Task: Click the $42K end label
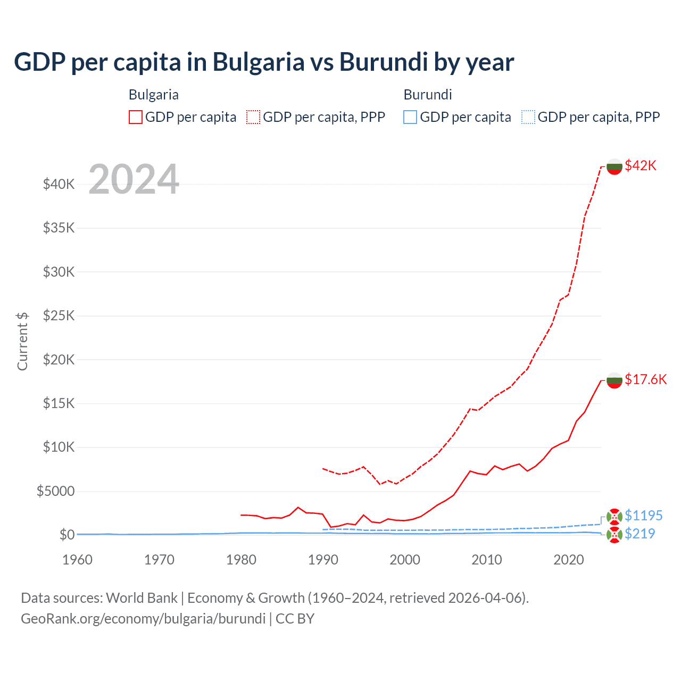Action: [641, 165]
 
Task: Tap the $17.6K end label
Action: [645, 379]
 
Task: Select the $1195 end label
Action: [643, 516]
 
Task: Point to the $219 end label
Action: [640, 534]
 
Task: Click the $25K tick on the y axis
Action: [59, 315]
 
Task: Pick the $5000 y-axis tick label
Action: [55, 491]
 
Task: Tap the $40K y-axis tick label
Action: [59, 184]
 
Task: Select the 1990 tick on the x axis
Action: [323, 560]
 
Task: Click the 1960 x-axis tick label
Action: [77, 560]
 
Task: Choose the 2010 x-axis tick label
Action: [487, 560]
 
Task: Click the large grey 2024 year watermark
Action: [134, 179]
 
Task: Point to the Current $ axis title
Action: [22, 341]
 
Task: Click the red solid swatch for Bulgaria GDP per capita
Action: [136, 117]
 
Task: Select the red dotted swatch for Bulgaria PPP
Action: [253, 117]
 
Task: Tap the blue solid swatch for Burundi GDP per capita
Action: [410, 117]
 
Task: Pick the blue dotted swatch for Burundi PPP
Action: [528, 117]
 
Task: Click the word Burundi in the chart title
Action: [383, 62]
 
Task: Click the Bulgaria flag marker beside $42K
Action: [614, 167]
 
